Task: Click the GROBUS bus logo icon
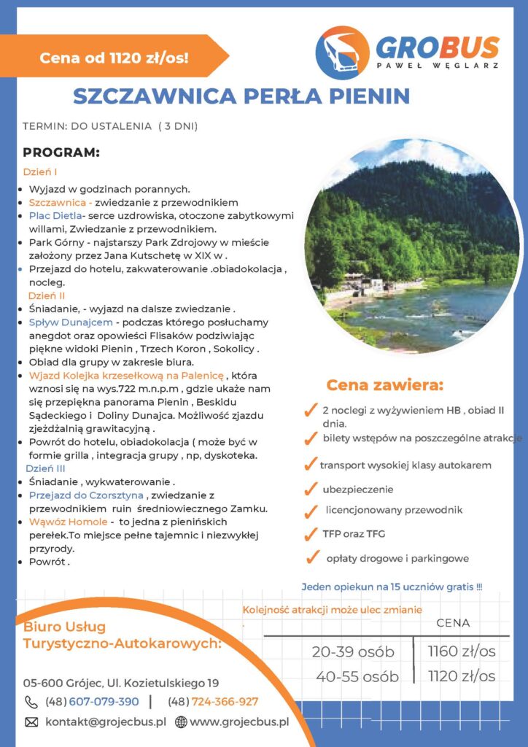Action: (342, 53)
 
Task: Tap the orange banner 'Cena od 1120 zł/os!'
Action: (114, 57)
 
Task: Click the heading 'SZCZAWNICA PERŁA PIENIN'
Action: (241, 96)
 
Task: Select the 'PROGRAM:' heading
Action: (61, 153)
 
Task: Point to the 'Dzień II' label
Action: (47, 296)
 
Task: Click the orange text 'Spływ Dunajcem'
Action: (71, 322)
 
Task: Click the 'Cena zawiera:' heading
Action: (384, 385)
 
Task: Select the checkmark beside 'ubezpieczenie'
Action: (311, 489)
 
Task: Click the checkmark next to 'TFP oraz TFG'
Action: (311, 534)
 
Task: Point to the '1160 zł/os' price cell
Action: (462, 651)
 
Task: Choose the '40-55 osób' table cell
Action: (357, 676)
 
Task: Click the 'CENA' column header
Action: (453, 623)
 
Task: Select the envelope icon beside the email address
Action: (31, 722)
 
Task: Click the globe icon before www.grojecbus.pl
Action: (181, 722)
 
